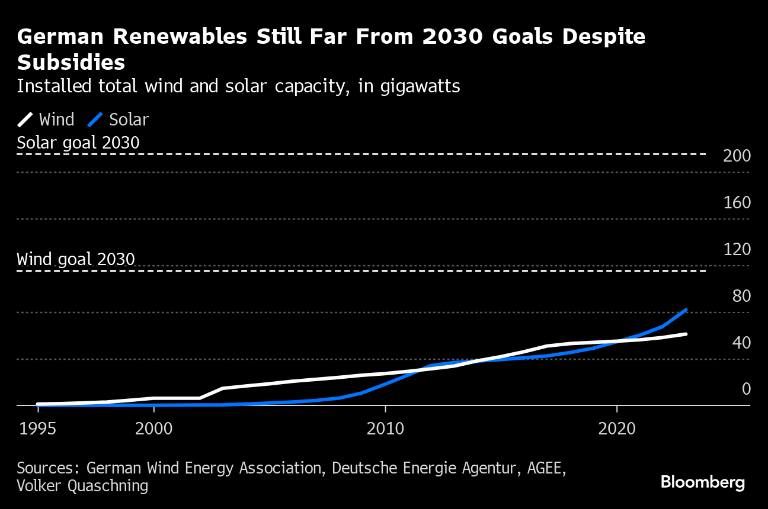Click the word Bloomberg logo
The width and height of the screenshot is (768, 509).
click(x=702, y=482)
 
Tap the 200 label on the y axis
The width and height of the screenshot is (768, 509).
click(x=737, y=156)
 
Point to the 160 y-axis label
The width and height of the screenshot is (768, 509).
click(x=737, y=203)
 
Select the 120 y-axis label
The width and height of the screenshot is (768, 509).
click(x=737, y=250)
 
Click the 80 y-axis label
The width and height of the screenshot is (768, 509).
click(x=741, y=297)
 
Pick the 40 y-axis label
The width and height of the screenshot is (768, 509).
click(x=741, y=343)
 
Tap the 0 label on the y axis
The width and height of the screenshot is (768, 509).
click(x=746, y=389)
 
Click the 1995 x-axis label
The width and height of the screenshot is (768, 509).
click(x=38, y=429)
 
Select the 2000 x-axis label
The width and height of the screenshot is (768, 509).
click(x=153, y=429)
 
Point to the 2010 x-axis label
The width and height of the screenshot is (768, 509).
click(x=385, y=429)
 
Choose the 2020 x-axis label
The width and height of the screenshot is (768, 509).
click(x=617, y=429)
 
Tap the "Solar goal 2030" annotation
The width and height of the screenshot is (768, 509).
click(x=78, y=143)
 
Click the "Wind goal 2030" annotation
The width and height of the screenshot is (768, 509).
click(x=76, y=260)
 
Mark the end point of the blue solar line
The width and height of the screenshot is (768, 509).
click(x=686, y=310)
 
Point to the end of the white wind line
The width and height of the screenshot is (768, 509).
click(x=686, y=334)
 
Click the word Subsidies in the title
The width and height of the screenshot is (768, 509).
click(x=71, y=62)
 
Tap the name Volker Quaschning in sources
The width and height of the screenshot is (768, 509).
click(x=82, y=486)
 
